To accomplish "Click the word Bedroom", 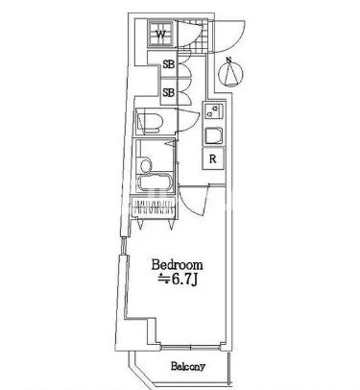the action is point(177,265).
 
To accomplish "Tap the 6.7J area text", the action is point(178,280).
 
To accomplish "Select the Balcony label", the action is point(188,366).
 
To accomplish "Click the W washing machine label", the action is point(161,34).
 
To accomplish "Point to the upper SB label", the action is point(169,64).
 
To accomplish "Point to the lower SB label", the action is point(169,93).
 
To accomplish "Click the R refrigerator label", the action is point(213,158).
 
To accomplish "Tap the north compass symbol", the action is point(230,74).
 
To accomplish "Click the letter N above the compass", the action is point(228,60).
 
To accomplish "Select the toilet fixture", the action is point(150,122).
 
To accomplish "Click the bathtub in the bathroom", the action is point(156,183).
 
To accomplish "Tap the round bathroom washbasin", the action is point(146,165).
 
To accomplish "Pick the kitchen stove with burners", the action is point(213,110).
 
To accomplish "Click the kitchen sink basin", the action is point(213,136).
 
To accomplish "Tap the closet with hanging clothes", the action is point(154,207).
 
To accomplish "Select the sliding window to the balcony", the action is point(190,347).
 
